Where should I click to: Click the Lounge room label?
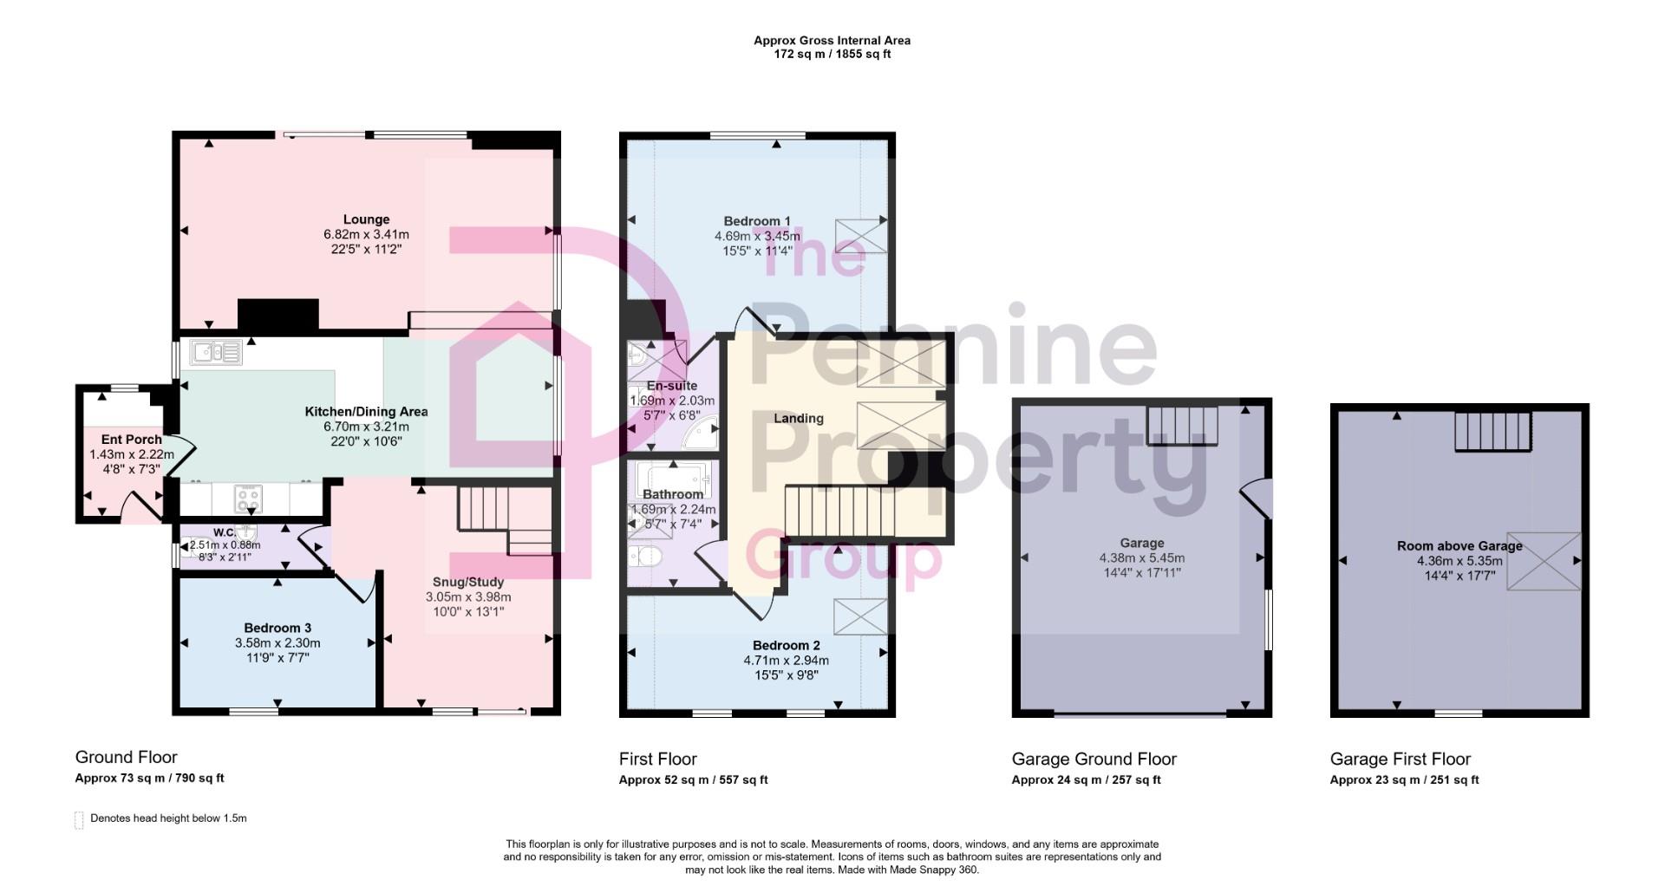point(366,219)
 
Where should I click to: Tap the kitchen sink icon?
point(217,352)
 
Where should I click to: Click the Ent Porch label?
point(131,440)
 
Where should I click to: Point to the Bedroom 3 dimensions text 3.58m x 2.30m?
point(277,643)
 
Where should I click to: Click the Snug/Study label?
point(468,582)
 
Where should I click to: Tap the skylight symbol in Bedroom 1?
point(861,236)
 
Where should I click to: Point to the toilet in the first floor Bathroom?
point(645,556)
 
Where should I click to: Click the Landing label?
point(798,418)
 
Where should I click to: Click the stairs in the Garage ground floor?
point(1182,426)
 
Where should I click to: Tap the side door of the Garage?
point(1257,500)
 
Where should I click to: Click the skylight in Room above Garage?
point(1544,561)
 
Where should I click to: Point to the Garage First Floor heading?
point(1400,759)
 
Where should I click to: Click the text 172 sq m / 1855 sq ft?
point(832,54)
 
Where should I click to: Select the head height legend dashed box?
point(79,820)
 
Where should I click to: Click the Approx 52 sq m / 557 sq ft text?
point(693,779)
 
